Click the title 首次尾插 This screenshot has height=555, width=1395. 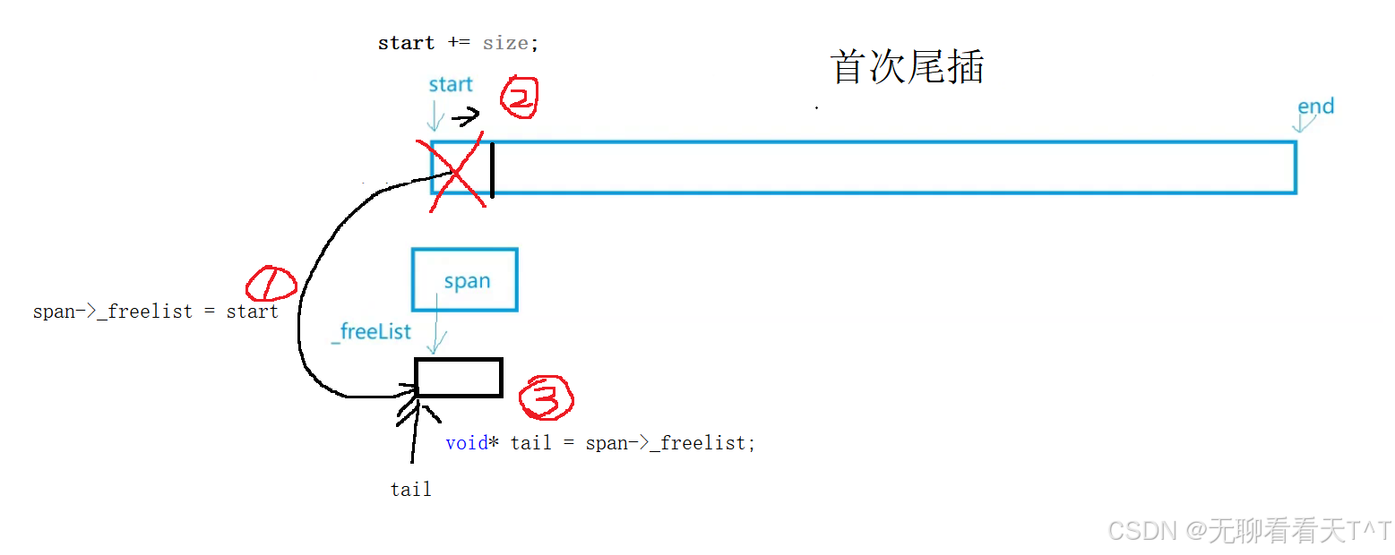[x=907, y=68]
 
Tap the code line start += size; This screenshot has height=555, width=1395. [x=458, y=43]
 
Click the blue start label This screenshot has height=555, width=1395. [x=450, y=85]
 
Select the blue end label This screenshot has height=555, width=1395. [x=1315, y=107]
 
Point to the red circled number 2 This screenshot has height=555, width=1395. [x=518, y=98]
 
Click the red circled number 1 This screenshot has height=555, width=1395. [x=271, y=285]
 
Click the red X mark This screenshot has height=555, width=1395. [x=457, y=173]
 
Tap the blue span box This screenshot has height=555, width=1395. [x=465, y=279]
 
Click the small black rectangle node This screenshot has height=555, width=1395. [x=459, y=378]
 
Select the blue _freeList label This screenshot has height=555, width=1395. [x=371, y=332]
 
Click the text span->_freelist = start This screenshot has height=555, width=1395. [x=155, y=312]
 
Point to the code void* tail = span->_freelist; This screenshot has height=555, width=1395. [x=600, y=443]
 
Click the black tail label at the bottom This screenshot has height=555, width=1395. [x=410, y=490]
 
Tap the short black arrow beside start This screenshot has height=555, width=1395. [x=466, y=117]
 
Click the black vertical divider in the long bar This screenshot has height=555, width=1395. [x=492, y=167]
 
